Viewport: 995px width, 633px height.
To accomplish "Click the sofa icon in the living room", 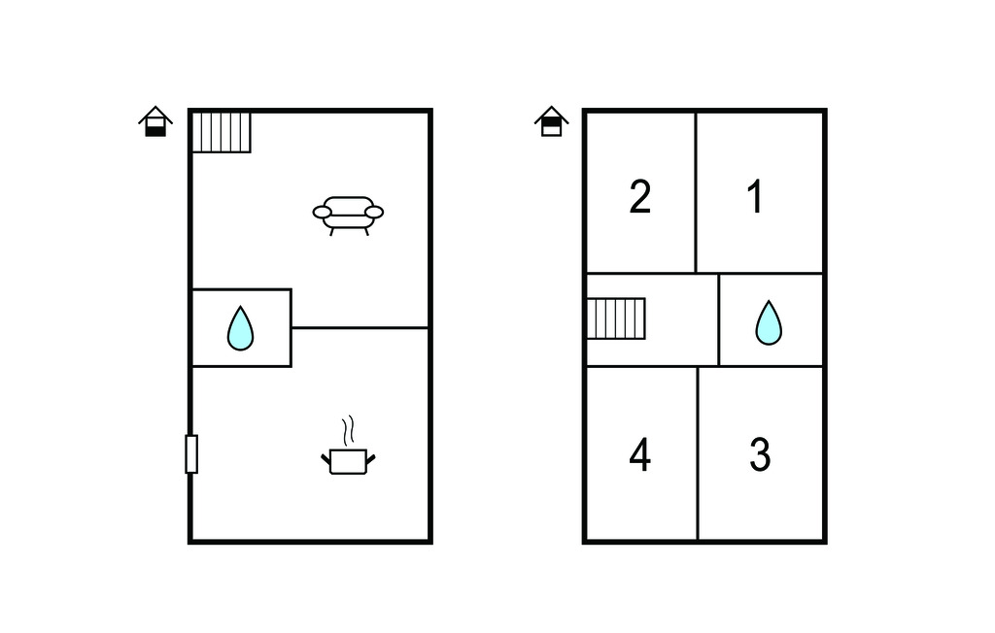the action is click(x=348, y=216).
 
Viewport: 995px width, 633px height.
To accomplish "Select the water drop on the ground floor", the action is click(x=241, y=328).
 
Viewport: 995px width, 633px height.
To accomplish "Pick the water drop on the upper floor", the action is click(x=769, y=322).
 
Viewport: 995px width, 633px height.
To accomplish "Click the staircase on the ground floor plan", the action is click(x=222, y=132).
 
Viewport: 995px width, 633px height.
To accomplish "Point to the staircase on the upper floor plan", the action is click(x=616, y=318).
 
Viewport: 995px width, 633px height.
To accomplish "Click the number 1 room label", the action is click(x=755, y=197).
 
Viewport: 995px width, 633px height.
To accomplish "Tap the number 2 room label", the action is click(x=639, y=197).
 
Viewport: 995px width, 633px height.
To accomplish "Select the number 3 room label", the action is click(x=760, y=454).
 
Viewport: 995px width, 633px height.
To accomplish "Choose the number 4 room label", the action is click(x=639, y=454).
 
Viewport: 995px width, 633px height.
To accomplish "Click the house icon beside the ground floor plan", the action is click(x=155, y=121).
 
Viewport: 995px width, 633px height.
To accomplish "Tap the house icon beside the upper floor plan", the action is click(x=552, y=121).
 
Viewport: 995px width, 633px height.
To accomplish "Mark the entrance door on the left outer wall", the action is click(x=191, y=454).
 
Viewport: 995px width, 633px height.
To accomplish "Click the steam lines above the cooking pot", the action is click(x=348, y=430).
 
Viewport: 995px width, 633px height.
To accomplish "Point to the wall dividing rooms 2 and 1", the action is click(x=696, y=193).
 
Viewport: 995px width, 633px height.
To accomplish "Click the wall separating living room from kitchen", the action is click(x=360, y=328).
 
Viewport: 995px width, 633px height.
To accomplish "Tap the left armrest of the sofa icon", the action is click(x=323, y=212).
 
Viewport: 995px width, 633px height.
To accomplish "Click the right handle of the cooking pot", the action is click(x=370, y=458).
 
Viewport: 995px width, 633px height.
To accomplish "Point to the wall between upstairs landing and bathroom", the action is click(x=718, y=319).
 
